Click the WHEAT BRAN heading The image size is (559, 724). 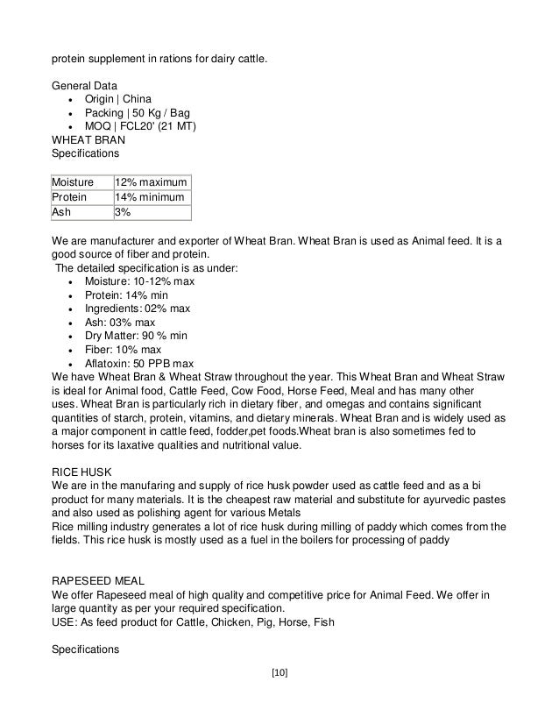(88, 140)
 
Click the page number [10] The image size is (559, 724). (279, 673)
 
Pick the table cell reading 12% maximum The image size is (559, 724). (151, 182)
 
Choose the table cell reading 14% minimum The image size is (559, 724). (149, 197)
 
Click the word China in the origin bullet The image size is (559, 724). (149, 99)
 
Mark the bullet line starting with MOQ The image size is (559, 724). (140, 127)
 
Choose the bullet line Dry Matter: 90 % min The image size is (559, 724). (136, 336)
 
